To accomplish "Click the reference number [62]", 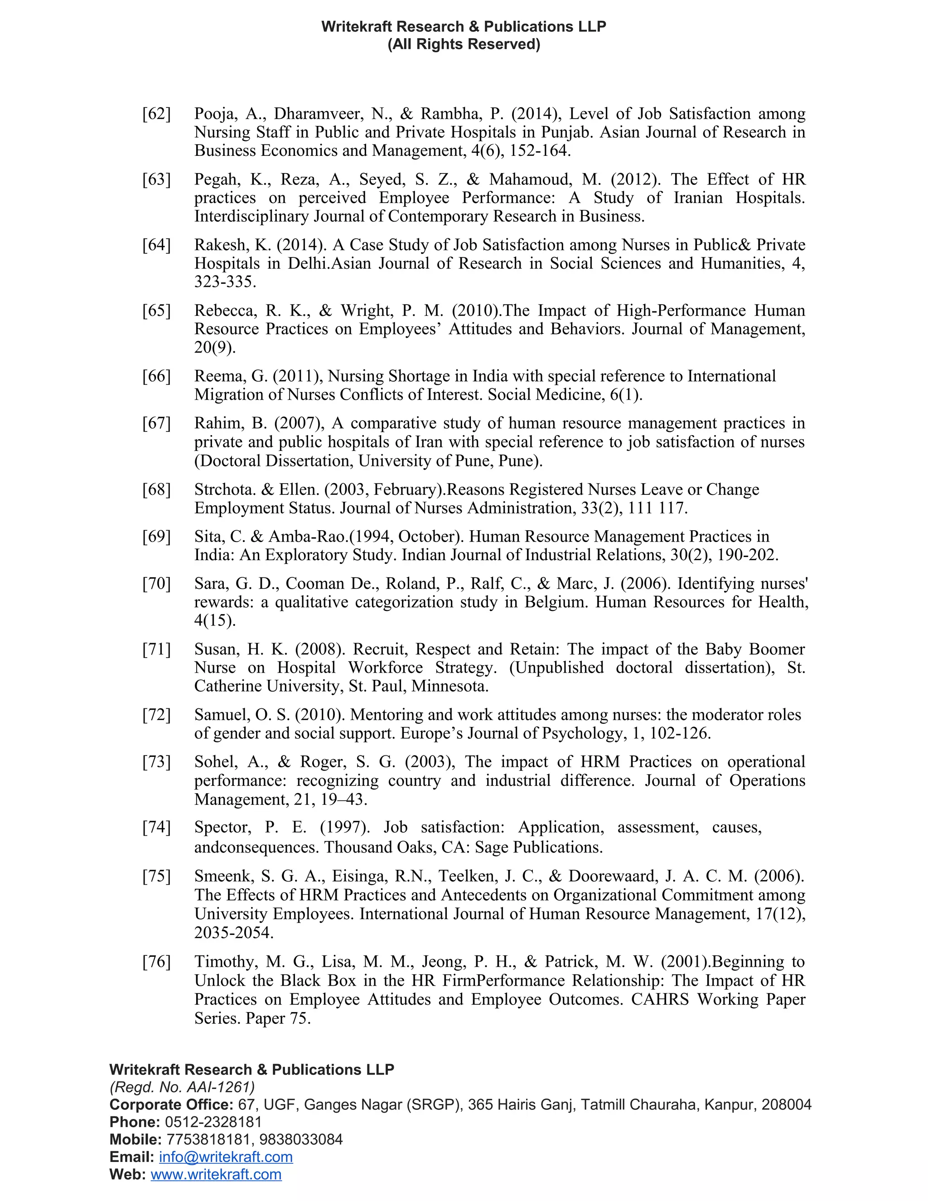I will pyautogui.click(x=156, y=114).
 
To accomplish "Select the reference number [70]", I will pyautogui.click(x=156, y=583).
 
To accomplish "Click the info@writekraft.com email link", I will pyautogui.click(x=225, y=1157).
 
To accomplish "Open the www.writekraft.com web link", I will pyautogui.click(x=216, y=1175).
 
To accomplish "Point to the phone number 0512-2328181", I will pyautogui.click(x=213, y=1122).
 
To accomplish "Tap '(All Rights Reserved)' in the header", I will pyautogui.click(x=464, y=44).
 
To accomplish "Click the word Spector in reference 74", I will pyautogui.click(x=222, y=827).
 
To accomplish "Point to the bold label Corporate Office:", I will pyautogui.click(x=172, y=1105).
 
